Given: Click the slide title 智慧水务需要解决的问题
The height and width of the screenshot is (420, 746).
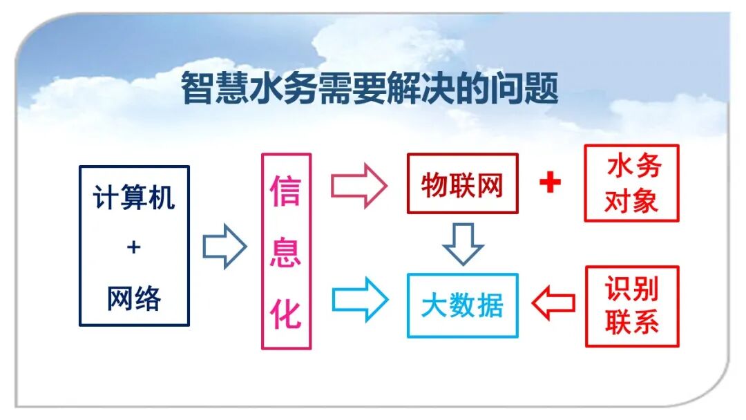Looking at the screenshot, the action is [x=370, y=90].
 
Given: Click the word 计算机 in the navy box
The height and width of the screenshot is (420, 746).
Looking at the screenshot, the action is [x=134, y=198].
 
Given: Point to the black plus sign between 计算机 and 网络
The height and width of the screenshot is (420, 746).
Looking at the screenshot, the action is [x=134, y=247].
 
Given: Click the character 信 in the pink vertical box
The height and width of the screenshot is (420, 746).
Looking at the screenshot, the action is [x=286, y=191].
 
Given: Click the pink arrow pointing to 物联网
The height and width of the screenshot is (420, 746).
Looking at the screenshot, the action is [x=358, y=186].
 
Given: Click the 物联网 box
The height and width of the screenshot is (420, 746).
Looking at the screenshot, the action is [x=462, y=184].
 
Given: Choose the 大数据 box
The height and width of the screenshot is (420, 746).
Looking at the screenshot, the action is [x=462, y=305].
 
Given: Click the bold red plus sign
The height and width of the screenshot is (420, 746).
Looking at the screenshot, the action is [x=550, y=183].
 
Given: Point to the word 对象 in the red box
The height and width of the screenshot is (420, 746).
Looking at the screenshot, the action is [x=632, y=201].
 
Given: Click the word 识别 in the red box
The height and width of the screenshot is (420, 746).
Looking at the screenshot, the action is [x=632, y=289].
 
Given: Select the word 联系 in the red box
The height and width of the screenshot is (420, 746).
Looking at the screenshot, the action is [x=632, y=323].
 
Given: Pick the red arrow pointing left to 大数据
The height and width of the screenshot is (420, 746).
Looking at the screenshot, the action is [x=553, y=303].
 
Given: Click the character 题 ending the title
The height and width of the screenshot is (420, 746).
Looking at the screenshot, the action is [x=543, y=90].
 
